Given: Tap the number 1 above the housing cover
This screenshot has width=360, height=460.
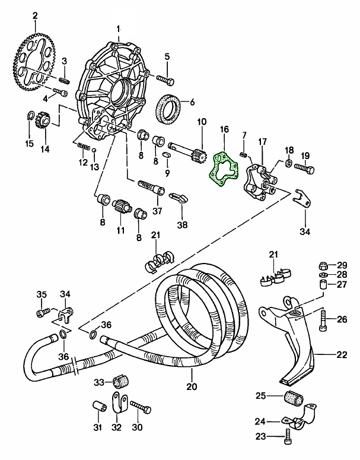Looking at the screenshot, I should click(x=119, y=28).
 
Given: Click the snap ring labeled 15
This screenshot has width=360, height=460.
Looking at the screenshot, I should click(x=30, y=116).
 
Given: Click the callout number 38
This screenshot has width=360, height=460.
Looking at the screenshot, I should click(x=182, y=226).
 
